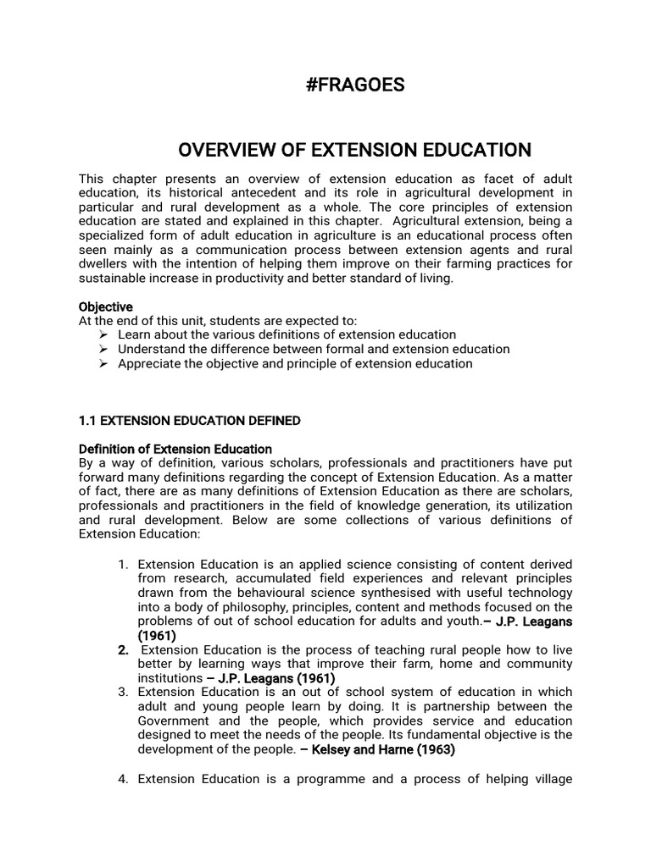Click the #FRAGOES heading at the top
[354, 86]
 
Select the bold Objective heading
[106, 306]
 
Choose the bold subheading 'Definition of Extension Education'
[175, 449]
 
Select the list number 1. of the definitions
[124, 565]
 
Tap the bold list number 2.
[124, 650]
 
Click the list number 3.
[124, 693]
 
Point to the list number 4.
[124, 779]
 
